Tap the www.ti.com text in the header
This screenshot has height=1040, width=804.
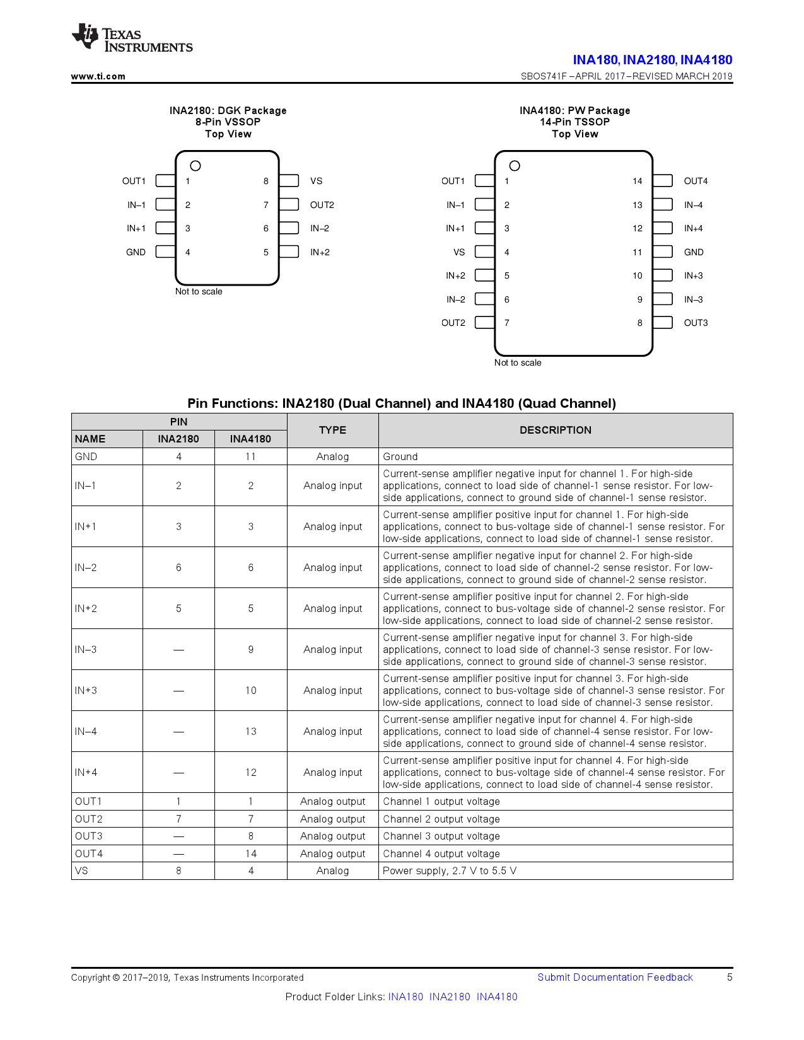(x=98, y=76)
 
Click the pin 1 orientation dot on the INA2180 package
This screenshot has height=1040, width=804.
(x=195, y=166)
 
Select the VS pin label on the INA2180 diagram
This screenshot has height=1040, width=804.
(x=316, y=181)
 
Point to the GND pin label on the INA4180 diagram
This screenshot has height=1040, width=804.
(x=694, y=252)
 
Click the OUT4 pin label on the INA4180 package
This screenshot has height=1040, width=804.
(x=696, y=181)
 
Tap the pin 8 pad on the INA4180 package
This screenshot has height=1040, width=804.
(x=663, y=323)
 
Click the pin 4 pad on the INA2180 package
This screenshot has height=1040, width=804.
(x=165, y=252)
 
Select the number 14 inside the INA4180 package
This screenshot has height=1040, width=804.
(x=637, y=181)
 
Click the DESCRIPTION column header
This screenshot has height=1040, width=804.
(x=555, y=430)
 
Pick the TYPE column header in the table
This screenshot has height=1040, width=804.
(x=332, y=430)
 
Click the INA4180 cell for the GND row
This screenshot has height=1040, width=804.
(x=250, y=456)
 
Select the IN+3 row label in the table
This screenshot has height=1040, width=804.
(x=86, y=690)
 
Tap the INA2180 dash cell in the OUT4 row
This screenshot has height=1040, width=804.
(x=178, y=853)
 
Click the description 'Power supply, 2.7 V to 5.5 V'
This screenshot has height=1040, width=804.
(x=450, y=870)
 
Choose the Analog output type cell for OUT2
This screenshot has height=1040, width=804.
(x=332, y=819)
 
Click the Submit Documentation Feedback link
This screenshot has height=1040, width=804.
(x=615, y=977)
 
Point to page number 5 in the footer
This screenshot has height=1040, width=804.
(x=730, y=977)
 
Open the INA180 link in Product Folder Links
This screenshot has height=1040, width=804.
(x=405, y=997)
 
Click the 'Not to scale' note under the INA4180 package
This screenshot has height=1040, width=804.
(x=518, y=362)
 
